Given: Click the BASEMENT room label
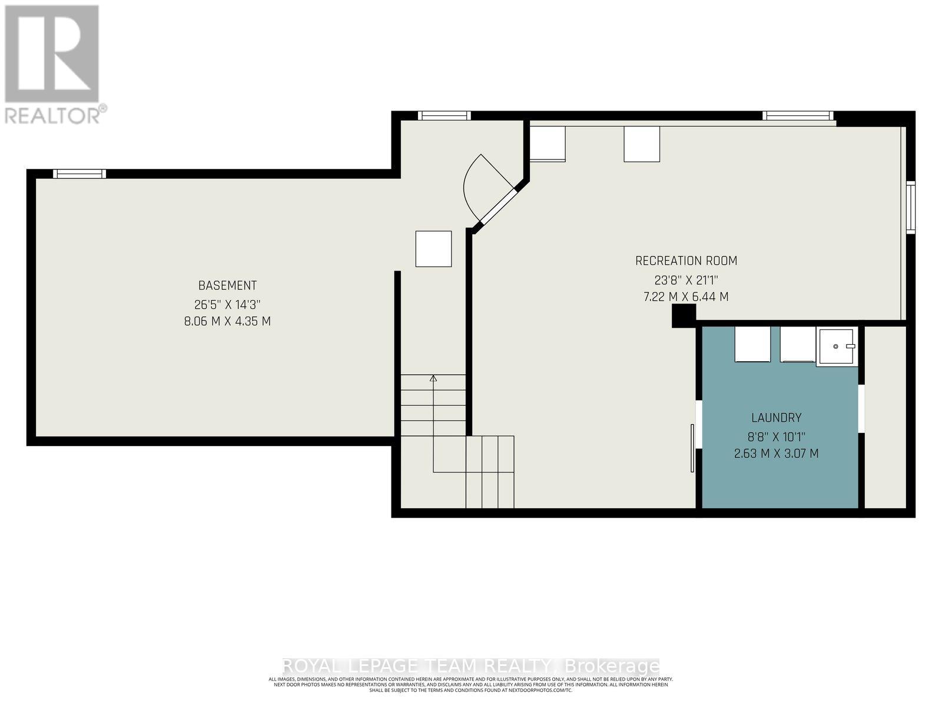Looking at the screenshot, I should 227,285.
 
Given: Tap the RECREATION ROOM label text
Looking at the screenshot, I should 686,261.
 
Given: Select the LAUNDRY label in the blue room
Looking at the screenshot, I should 776,418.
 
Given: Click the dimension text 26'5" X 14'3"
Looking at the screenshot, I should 227,305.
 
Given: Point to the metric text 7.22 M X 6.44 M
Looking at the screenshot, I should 686,297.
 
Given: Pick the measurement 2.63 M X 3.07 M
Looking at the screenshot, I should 776,454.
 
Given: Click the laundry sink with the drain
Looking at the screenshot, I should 835,347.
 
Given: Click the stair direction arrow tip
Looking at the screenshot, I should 433,378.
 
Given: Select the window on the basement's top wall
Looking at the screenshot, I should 79,174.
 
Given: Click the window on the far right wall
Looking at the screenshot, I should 910,208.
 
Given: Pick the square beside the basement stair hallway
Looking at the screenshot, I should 433,249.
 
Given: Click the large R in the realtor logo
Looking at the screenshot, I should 52,54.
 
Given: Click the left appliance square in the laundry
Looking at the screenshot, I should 752,344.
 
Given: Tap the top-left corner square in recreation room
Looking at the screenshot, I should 548,144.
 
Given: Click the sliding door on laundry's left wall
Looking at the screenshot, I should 693,447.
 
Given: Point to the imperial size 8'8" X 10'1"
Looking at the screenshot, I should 776,437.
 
